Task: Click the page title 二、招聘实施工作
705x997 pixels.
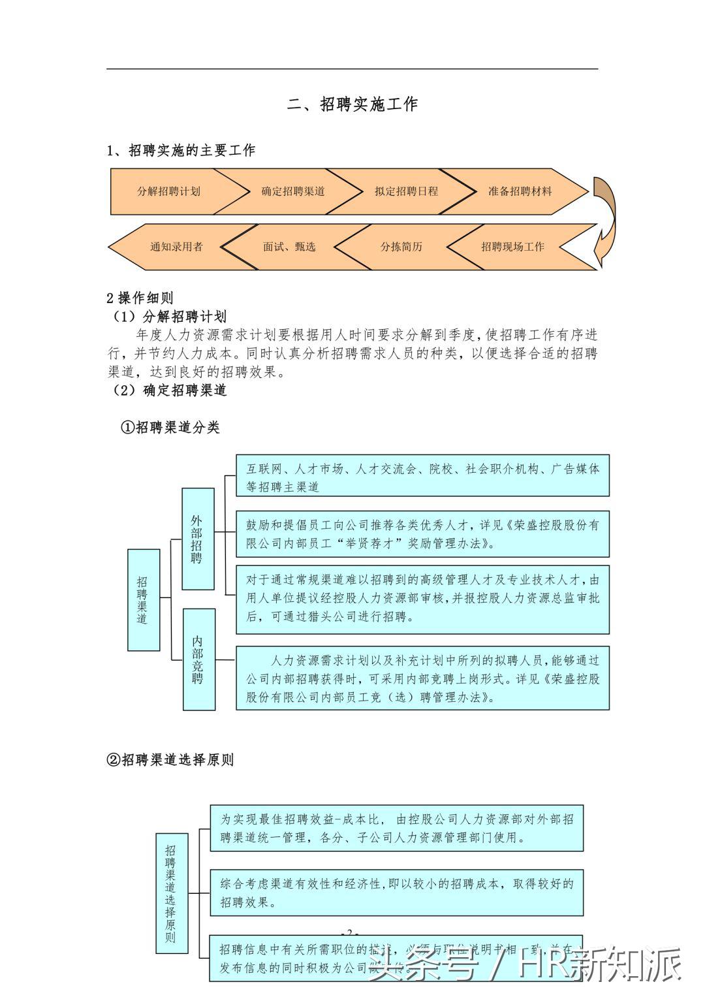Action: [x=352, y=104]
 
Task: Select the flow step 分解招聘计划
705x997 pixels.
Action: [x=168, y=191]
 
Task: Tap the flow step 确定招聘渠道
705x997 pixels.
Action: [x=292, y=191]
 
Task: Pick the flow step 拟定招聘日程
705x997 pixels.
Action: [x=406, y=191]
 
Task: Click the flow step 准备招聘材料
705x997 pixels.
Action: [x=520, y=191]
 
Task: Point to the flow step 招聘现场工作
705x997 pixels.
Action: [x=512, y=247]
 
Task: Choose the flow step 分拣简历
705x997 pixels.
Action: [x=401, y=247]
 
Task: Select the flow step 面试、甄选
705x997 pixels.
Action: [x=289, y=247]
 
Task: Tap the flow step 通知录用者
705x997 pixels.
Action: [x=176, y=247]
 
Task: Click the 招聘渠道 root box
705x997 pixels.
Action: [x=143, y=599]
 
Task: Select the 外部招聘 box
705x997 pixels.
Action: [x=197, y=539]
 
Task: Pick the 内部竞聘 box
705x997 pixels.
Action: [x=198, y=659]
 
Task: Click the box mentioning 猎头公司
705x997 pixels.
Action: [x=422, y=599]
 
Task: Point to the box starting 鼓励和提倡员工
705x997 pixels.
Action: [x=422, y=534]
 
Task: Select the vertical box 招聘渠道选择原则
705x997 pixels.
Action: [x=172, y=893]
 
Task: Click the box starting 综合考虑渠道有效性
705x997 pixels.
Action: [x=396, y=892]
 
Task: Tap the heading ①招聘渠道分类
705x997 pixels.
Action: [x=171, y=428]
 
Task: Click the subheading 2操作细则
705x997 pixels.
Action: [x=140, y=298]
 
